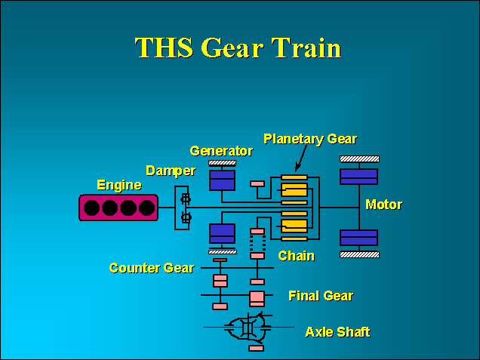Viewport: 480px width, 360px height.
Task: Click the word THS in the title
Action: (x=164, y=48)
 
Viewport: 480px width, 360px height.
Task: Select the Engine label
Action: (x=119, y=185)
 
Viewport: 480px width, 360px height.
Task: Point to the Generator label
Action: (x=221, y=151)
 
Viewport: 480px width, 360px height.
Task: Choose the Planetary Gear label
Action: (x=309, y=139)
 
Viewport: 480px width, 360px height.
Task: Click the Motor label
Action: (x=383, y=205)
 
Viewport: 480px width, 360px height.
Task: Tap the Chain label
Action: (x=296, y=256)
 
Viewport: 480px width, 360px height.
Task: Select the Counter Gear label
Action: (x=151, y=268)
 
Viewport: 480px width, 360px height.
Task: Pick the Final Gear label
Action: (x=321, y=296)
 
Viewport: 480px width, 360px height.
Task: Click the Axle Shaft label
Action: (x=337, y=331)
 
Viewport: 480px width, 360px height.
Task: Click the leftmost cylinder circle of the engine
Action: (x=94, y=208)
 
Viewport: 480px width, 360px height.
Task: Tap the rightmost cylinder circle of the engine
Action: (x=146, y=208)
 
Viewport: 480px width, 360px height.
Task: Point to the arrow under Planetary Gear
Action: (x=299, y=162)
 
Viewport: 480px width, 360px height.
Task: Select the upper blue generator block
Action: (x=223, y=180)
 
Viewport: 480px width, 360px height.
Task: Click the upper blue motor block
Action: (x=358, y=176)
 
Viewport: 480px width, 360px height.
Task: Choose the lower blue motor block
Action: (x=358, y=237)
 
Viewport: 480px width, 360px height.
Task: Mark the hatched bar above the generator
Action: (x=222, y=162)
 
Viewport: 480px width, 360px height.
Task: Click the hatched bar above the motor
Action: (x=359, y=158)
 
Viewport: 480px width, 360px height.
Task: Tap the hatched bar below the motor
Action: (x=359, y=254)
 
